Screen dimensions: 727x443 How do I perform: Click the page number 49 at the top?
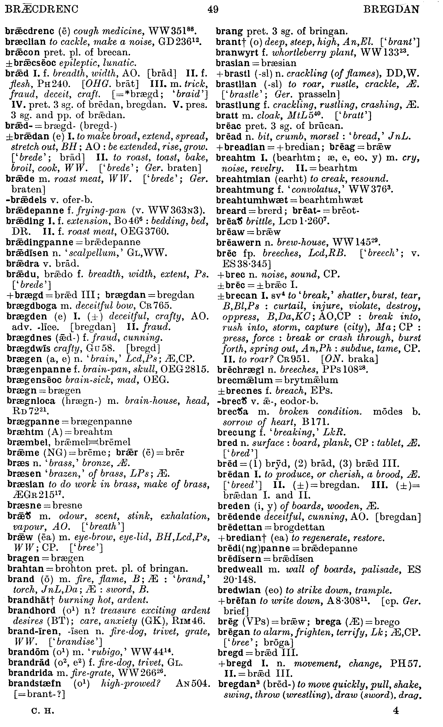[x=213, y=9]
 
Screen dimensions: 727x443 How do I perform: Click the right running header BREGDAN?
[x=391, y=9]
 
